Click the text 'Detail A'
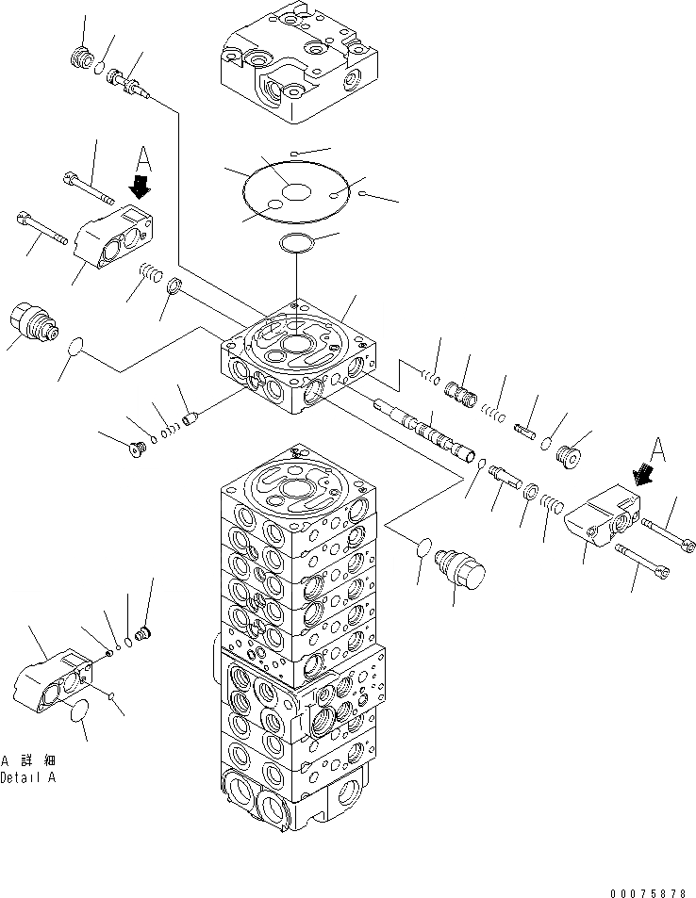point(28,777)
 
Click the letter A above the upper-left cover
point(142,157)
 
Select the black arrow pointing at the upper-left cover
point(141,185)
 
